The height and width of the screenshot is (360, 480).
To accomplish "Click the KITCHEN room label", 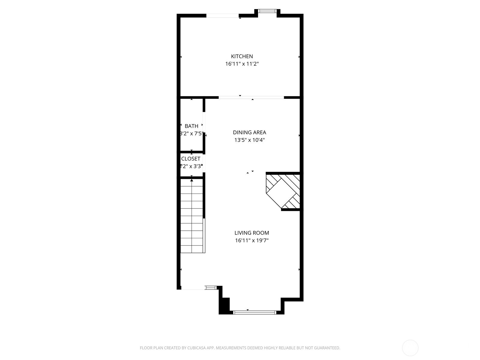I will tap(242, 56).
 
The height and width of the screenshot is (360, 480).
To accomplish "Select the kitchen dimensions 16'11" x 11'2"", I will tap(242, 64).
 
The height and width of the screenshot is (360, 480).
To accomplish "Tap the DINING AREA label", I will tap(249, 132).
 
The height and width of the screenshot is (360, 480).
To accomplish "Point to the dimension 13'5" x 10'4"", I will tap(249, 140).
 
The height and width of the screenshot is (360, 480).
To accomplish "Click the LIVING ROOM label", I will tap(252, 233).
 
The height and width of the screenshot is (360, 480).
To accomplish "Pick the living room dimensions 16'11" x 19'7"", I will tap(252, 240).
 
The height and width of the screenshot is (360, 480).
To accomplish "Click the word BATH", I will tap(191, 126).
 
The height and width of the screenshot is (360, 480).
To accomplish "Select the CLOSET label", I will tap(191, 159).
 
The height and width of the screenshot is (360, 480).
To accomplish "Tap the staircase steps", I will tap(192, 219).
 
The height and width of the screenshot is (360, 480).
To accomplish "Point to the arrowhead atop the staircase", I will tap(192, 180).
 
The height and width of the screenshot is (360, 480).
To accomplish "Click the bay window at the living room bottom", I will tap(254, 313).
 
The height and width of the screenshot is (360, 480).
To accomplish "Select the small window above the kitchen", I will tap(267, 11).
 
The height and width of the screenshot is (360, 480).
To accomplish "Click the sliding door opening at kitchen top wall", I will tap(222, 16).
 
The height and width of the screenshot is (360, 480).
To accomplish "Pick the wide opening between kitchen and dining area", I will tap(251, 97).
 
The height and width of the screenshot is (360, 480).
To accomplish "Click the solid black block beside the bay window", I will tap(225, 305).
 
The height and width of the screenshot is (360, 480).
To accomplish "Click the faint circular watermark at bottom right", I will tap(410, 348).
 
